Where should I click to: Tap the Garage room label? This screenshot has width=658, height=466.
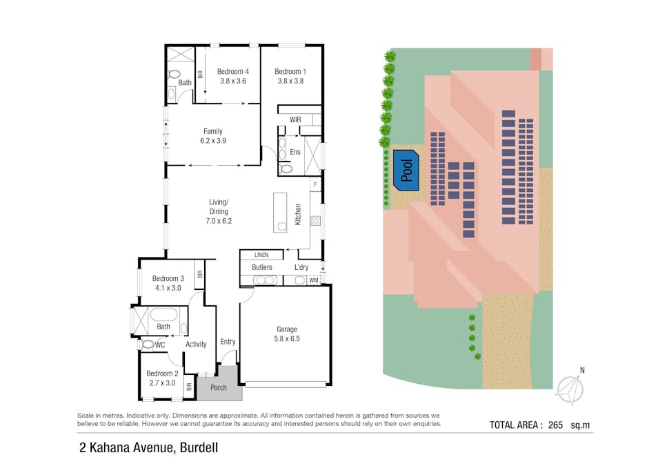(x=287, y=329)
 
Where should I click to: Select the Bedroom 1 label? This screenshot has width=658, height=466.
(x=290, y=71)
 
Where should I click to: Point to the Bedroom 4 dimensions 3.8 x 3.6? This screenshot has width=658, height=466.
(x=233, y=81)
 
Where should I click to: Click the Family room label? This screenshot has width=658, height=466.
(x=213, y=131)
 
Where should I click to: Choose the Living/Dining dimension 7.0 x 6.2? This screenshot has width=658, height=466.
(x=219, y=221)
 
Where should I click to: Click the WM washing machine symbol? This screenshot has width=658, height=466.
(x=313, y=280)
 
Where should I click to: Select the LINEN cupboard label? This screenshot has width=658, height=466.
(x=261, y=255)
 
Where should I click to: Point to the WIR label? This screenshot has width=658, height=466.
(x=295, y=119)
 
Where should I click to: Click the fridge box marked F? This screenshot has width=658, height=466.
(x=316, y=184)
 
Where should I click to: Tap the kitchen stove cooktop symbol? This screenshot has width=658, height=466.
(x=316, y=221)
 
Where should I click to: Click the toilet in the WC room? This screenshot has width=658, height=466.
(x=148, y=344)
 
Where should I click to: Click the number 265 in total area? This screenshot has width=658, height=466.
(x=555, y=425)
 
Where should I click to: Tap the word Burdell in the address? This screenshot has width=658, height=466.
(x=199, y=448)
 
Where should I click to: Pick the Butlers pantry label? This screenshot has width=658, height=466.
(x=262, y=267)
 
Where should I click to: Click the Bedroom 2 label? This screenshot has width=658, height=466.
(x=162, y=373)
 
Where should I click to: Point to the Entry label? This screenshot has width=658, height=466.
(x=228, y=342)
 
